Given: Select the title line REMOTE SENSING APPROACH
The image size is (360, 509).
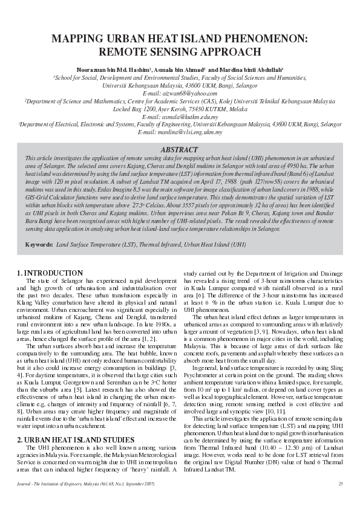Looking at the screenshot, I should [180, 52].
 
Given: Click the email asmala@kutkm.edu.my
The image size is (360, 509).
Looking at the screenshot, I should [179, 117].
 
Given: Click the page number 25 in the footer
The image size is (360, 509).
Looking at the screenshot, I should [340, 484].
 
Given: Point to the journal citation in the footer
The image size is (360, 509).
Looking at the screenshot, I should [87, 484].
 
